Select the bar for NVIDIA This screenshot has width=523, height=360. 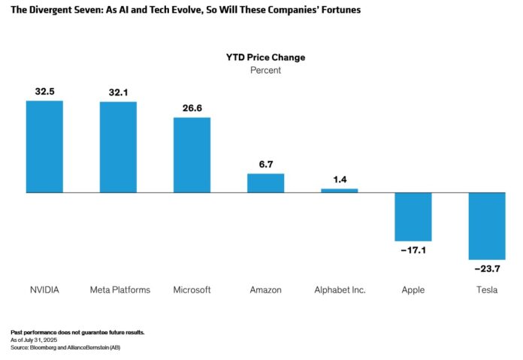[44, 147]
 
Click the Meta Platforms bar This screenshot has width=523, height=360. [118, 147]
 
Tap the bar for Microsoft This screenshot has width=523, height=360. [192, 155]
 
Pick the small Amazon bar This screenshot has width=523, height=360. [266, 183]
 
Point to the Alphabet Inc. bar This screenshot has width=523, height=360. [340, 191]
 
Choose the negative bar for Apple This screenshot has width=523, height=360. [413, 216]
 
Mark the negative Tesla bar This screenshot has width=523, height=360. [487, 226]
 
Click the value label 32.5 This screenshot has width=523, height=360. [44, 92]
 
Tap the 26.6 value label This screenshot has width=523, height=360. [192, 108]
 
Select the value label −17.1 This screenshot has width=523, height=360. [413, 250]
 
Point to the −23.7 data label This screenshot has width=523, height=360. [487, 268]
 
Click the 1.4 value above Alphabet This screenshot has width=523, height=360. [340, 180]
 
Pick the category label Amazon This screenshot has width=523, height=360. [266, 290]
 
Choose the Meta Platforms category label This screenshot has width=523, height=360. [120, 290]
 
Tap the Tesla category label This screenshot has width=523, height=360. [487, 290]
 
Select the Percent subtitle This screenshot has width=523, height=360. [265, 70]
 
